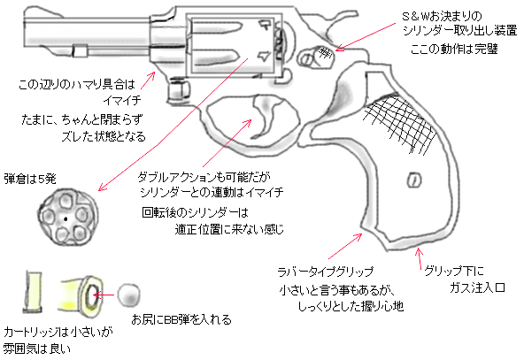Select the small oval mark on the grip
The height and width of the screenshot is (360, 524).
412,181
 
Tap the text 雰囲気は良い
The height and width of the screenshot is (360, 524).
36,349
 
